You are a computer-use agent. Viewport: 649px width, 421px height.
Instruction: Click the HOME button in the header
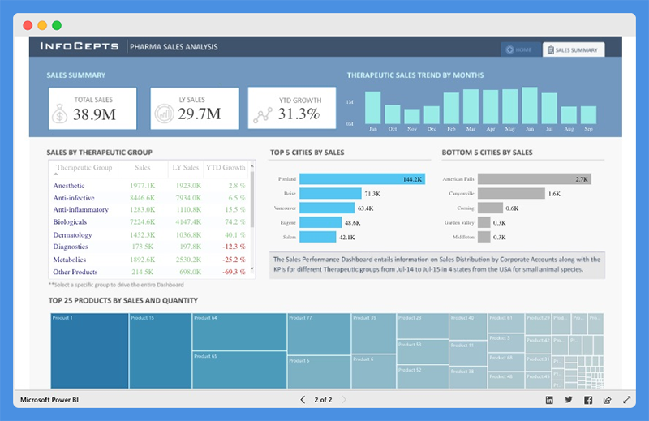[519, 50]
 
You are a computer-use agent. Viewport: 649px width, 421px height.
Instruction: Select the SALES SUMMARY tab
[574, 50]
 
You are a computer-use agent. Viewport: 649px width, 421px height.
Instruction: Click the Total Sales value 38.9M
[93, 114]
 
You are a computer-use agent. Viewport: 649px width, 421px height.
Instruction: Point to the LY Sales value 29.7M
[199, 114]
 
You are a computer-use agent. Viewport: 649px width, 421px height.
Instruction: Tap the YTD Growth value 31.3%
[299, 114]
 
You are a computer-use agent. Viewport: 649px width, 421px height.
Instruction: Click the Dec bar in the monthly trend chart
[432, 114]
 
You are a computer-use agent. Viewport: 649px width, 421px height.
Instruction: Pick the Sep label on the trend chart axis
[588, 129]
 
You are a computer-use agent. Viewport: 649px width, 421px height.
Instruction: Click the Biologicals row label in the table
[70, 221]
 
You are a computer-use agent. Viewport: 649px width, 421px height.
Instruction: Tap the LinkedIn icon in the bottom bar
[549, 400]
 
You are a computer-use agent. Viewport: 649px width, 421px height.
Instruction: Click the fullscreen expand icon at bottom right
[627, 400]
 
